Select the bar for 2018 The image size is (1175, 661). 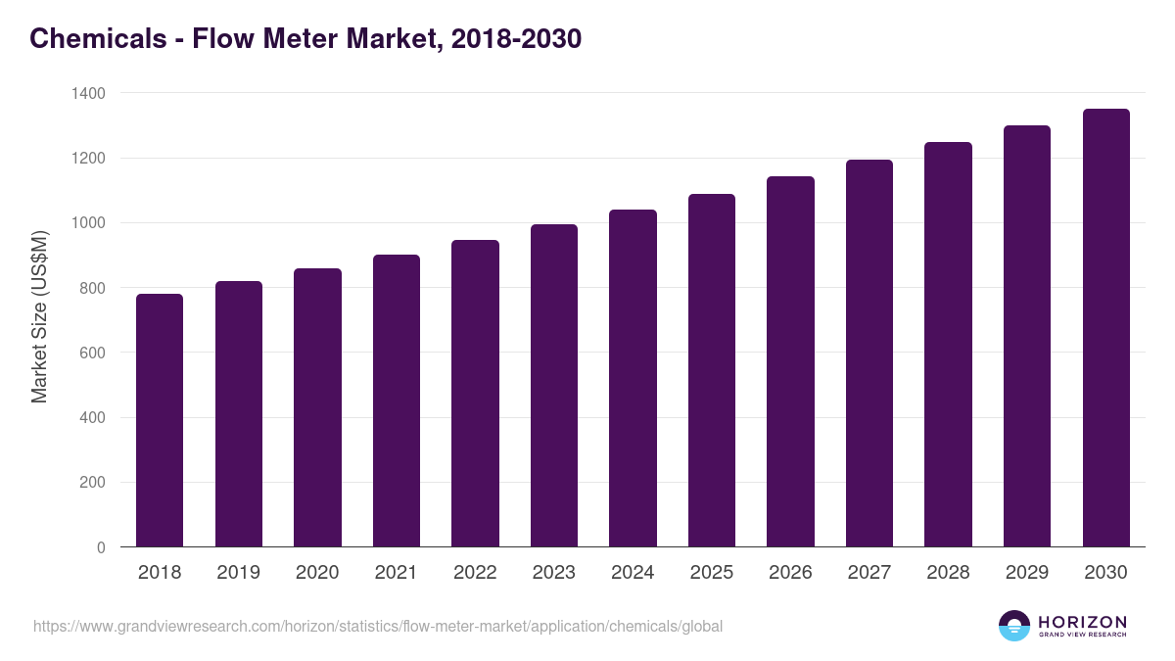pos(160,421)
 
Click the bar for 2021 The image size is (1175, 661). pos(397,401)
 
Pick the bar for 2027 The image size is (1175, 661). pos(869,354)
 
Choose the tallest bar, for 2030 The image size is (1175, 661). pos(1105,328)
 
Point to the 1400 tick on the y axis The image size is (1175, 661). pos(88,93)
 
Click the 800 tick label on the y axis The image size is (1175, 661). pos(88,288)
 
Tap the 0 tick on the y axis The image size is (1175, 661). pos(101,547)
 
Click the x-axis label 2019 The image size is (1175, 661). pos(239,573)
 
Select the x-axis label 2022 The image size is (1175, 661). pos(475,573)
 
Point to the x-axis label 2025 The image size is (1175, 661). pos(712,573)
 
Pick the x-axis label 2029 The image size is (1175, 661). pos(1027,573)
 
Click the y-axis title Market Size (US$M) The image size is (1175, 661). pos(39,317)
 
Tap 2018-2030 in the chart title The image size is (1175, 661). pos(516,38)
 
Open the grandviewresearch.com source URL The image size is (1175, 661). pos(378,626)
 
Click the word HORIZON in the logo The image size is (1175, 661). pos(1082,622)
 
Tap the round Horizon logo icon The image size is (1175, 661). pos(1014,626)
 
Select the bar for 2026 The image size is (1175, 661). pos(790,362)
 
